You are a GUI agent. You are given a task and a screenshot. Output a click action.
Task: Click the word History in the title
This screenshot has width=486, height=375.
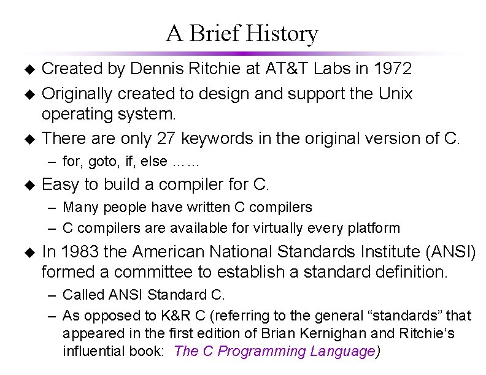[x=282, y=34]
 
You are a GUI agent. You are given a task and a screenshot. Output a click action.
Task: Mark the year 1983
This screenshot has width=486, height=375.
[x=81, y=252]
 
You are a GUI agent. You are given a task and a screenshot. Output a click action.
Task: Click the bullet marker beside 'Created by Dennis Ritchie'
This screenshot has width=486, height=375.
[x=27, y=69]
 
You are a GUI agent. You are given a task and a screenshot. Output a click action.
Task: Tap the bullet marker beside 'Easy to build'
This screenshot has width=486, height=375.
[x=27, y=184]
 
